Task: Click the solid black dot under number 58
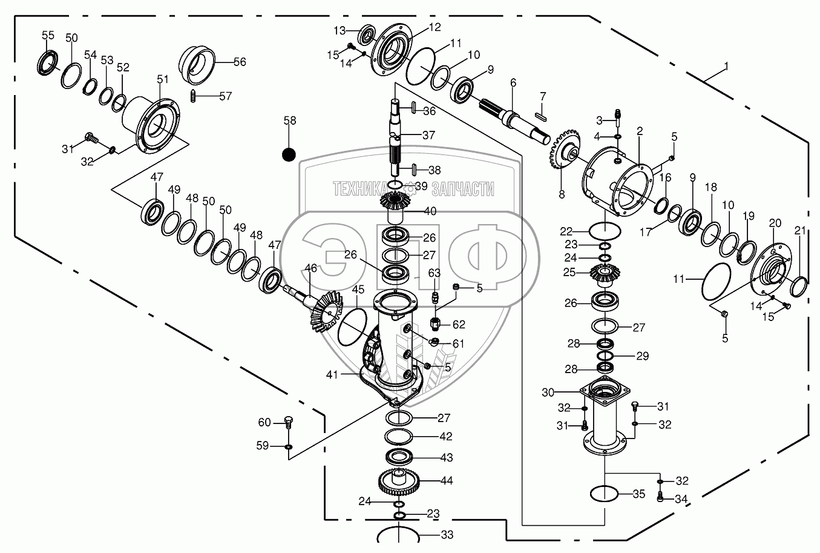click(289, 154)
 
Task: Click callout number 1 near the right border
click(726, 67)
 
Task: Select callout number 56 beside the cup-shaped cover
click(240, 62)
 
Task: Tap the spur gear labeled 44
click(398, 481)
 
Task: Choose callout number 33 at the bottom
click(447, 535)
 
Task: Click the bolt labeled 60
click(289, 422)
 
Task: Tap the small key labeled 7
click(541, 116)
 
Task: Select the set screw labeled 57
click(194, 96)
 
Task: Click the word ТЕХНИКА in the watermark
click(359, 188)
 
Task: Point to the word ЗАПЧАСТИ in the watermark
click(463, 188)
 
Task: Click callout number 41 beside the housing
click(332, 374)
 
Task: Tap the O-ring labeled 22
click(605, 231)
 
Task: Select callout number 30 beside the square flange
click(548, 392)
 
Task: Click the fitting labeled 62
click(435, 324)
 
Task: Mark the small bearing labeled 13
click(367, 35)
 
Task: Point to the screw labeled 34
click(660, 497)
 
